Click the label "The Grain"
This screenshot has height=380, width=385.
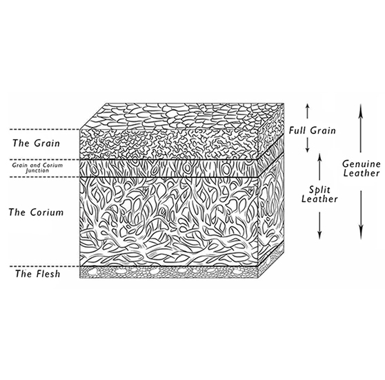tap(36, 143)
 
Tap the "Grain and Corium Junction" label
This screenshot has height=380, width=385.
tap(37, 168)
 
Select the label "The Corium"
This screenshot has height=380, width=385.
tap(36, 212)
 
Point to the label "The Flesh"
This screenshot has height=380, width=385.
tap(37, 274)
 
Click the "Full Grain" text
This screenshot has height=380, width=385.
tap(312, 130)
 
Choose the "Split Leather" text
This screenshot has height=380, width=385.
tap(319, 194)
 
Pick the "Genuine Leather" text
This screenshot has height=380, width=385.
tap(361, 168)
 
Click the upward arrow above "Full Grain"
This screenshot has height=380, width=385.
tap(308, 112)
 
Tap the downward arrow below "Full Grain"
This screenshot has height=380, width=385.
tap(308, 145)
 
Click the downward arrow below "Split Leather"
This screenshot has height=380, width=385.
tap(319, 226)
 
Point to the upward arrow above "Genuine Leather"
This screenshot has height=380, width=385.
tap(360, 128)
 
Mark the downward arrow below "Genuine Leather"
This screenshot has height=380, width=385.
tap(360, 215)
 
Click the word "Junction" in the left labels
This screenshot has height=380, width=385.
tap(37, 170)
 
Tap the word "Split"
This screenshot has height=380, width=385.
tap(319, 190)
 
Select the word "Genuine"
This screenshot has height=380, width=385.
tap(361, 163)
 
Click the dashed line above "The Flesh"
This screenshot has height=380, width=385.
tap(45, 266)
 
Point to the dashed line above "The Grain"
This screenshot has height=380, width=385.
tap(45, 130)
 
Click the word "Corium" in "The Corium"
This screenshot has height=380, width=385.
tap(47, 212)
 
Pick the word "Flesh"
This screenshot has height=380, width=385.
tap(46, 274)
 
